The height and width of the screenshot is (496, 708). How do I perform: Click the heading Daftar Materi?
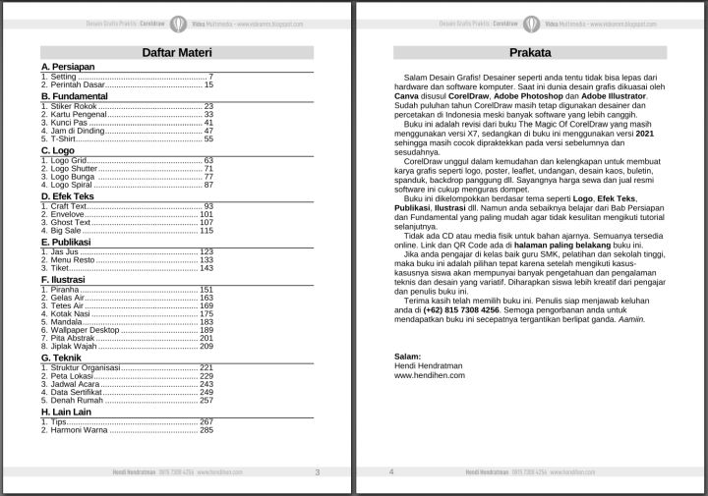(x=177, y=53)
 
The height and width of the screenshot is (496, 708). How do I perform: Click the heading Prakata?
(x=530, y=53)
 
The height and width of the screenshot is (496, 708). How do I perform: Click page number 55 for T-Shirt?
(x=208, y=138)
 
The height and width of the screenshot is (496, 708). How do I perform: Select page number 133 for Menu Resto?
(x=206, y=260)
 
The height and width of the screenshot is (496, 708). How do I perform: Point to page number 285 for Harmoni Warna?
(x=206, y=429)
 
